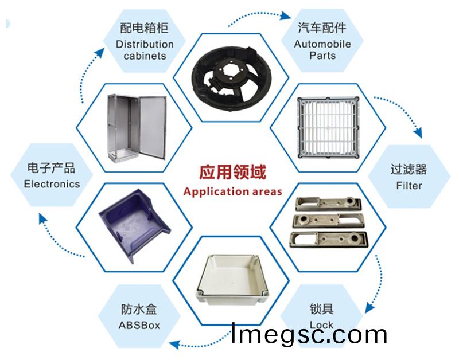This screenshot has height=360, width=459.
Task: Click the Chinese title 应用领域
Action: (x=232, y=171)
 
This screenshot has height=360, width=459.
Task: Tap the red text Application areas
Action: (x=233, y=192)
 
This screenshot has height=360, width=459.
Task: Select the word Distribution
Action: (x=145, y=44)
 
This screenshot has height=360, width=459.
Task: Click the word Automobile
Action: (x=322, y=44)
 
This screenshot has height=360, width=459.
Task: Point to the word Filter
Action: (x=409, y=185)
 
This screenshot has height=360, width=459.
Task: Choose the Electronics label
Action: (x=52, y=184)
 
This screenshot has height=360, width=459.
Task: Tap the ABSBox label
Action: (x=139, y=325)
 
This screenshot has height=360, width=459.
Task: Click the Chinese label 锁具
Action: (x=321, y=309)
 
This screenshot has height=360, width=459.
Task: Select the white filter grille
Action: (x=328, y=128)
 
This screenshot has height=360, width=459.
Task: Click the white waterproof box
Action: (x=232, y=280)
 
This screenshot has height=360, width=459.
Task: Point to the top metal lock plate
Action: (x=328, y=204)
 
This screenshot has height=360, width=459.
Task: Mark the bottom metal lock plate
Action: (x=328, y=240)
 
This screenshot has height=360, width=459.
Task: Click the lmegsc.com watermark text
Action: (x=309, y=334)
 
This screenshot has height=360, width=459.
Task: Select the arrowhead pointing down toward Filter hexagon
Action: (x=418, y=132)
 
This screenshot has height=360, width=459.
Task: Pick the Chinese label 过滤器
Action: (x=409, y=170)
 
